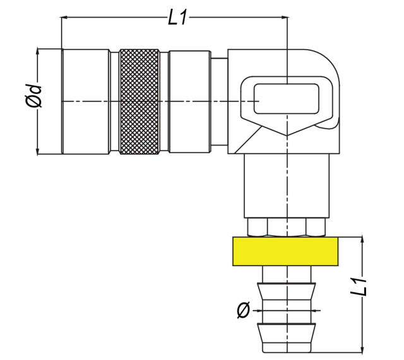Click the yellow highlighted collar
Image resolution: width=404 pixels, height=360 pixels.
285,251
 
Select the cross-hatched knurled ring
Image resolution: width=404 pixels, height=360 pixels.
140,101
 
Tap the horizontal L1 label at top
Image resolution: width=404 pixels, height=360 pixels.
178,18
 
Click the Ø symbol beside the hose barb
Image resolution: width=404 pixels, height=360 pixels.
243,310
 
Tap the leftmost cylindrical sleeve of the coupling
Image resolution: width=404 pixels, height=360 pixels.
85,101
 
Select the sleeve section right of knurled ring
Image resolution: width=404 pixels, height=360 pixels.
189,101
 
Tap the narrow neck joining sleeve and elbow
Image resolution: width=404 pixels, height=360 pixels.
219,101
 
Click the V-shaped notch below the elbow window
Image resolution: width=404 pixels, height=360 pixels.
287,133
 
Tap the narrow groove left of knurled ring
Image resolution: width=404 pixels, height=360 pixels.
114,101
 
